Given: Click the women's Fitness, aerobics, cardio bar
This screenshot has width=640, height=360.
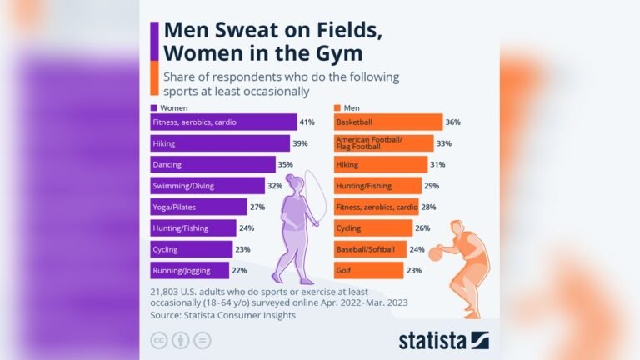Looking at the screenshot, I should click(222, 122).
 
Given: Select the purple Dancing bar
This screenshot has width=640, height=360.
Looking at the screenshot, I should click(212, 165).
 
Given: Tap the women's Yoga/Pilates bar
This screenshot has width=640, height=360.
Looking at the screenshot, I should click(197, 207).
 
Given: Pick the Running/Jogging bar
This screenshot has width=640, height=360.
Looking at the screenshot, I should click(190, 270).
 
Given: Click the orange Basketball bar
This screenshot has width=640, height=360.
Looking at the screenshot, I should click(387, 122).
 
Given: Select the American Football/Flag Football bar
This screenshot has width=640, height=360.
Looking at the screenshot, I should click(382, 143).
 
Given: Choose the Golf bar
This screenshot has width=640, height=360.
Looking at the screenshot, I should click(367, 270).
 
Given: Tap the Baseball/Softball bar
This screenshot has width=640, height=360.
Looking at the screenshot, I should click(369, 249).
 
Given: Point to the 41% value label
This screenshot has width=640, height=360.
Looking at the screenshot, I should click(307, 122).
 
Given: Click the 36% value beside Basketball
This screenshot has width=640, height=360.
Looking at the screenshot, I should click(453, 122).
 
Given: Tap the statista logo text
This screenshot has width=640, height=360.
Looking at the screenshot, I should click(432, 340).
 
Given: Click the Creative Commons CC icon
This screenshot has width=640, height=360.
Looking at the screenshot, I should click(158, 340).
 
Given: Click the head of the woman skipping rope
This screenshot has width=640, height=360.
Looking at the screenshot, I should click(297, 183).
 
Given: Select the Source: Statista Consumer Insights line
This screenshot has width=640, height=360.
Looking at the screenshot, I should click(222, 315).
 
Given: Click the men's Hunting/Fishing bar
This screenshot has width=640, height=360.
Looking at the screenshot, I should click(377, 186).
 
